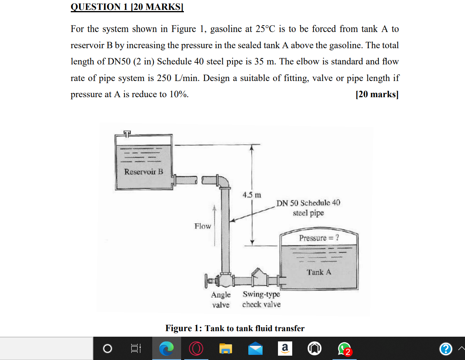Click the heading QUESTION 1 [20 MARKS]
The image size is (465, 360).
click(x=127, y=7)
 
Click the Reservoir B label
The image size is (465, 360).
click(x=144, y=172)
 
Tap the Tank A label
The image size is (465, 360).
click(x=319, y=272)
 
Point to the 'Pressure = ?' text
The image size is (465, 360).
click(x=319, y=238)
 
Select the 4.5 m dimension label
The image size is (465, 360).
click(x=252, y=195)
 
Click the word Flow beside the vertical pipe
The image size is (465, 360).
click(x=202, y=226)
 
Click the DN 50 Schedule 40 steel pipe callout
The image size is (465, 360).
click(x=308, y=208)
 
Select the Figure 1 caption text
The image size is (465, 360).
click(x=235, y=328)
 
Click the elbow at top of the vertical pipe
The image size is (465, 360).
click(x=224, y=181)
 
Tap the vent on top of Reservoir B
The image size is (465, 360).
click(x=126, y=134)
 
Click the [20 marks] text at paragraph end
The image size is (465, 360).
click(x=377, y=95)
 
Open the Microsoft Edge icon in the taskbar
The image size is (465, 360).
click(x=166, y=349)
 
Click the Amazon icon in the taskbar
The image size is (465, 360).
click(x=285, y=349)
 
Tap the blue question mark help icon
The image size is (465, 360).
click(x=446, y=349)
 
